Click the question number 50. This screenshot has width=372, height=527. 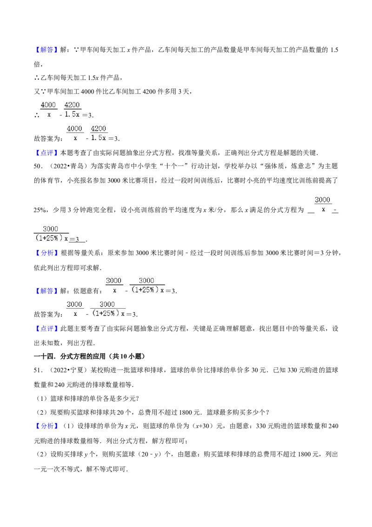(x=38, y=166)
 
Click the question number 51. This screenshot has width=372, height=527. (x=38, y=370)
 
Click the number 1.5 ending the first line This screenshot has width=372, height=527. (x=334, y=50)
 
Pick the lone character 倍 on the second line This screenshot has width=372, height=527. (x=37, y=64)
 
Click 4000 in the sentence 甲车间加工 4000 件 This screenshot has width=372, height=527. (x=87, y=91)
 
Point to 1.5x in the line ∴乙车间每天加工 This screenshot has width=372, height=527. (x=93, y=78)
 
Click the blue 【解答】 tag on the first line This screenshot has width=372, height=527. (x=46, y=50)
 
